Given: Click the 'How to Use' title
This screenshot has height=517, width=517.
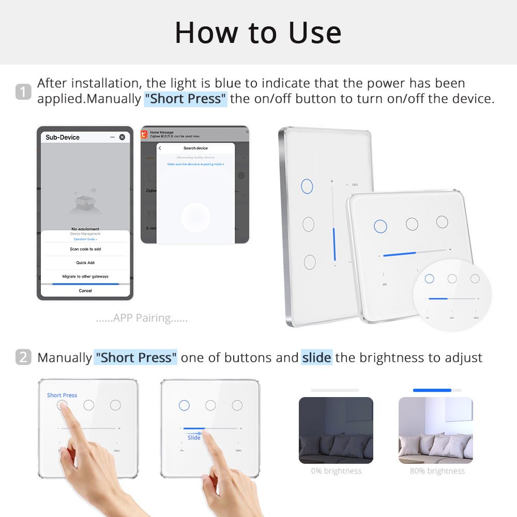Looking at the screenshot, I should point(258,33).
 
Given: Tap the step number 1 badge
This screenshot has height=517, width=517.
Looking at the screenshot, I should point(23,92).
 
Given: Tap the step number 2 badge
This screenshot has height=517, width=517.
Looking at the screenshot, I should point(23,357).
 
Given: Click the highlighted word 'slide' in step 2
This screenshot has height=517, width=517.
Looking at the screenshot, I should point(316,357).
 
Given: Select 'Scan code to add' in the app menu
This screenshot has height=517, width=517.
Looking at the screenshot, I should point(85,249).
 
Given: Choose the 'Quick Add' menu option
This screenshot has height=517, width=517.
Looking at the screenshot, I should point(85,263).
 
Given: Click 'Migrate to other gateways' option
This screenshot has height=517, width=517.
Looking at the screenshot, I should point(85,277).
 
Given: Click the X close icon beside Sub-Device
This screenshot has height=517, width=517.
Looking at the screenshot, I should point(122,137).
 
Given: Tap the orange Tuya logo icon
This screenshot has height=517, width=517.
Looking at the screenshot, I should point(144,134).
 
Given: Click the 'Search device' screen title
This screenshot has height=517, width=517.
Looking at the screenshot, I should point(195,148).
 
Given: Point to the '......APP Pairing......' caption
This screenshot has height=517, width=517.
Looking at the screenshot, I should point(142,318).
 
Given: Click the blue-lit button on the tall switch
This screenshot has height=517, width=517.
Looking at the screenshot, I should point(307,186).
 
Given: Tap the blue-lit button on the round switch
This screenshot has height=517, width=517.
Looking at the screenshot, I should point(429,279).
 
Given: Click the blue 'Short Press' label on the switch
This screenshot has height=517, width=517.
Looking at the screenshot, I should point(62,396).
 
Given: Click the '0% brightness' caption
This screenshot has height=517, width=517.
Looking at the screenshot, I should point(336,471).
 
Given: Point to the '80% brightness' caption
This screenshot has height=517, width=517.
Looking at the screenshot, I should point(437,471).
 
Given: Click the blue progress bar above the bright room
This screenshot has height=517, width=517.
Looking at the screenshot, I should point(432,390).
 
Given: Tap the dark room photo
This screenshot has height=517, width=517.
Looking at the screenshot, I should point(336,430).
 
